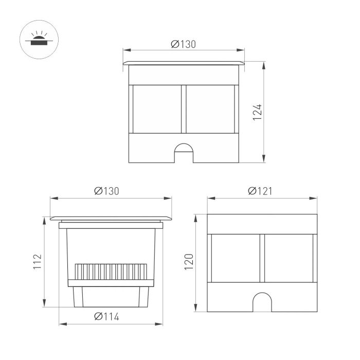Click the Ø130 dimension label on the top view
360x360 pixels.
184,44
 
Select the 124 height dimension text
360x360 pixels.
257,112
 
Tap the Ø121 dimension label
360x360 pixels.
260,191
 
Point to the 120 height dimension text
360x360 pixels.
189,262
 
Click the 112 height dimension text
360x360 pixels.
38,261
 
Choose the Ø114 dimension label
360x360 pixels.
107,317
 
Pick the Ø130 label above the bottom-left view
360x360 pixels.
107,191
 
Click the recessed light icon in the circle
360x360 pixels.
39,40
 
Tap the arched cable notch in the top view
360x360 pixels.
184,153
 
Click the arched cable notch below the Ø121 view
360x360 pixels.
262,302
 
